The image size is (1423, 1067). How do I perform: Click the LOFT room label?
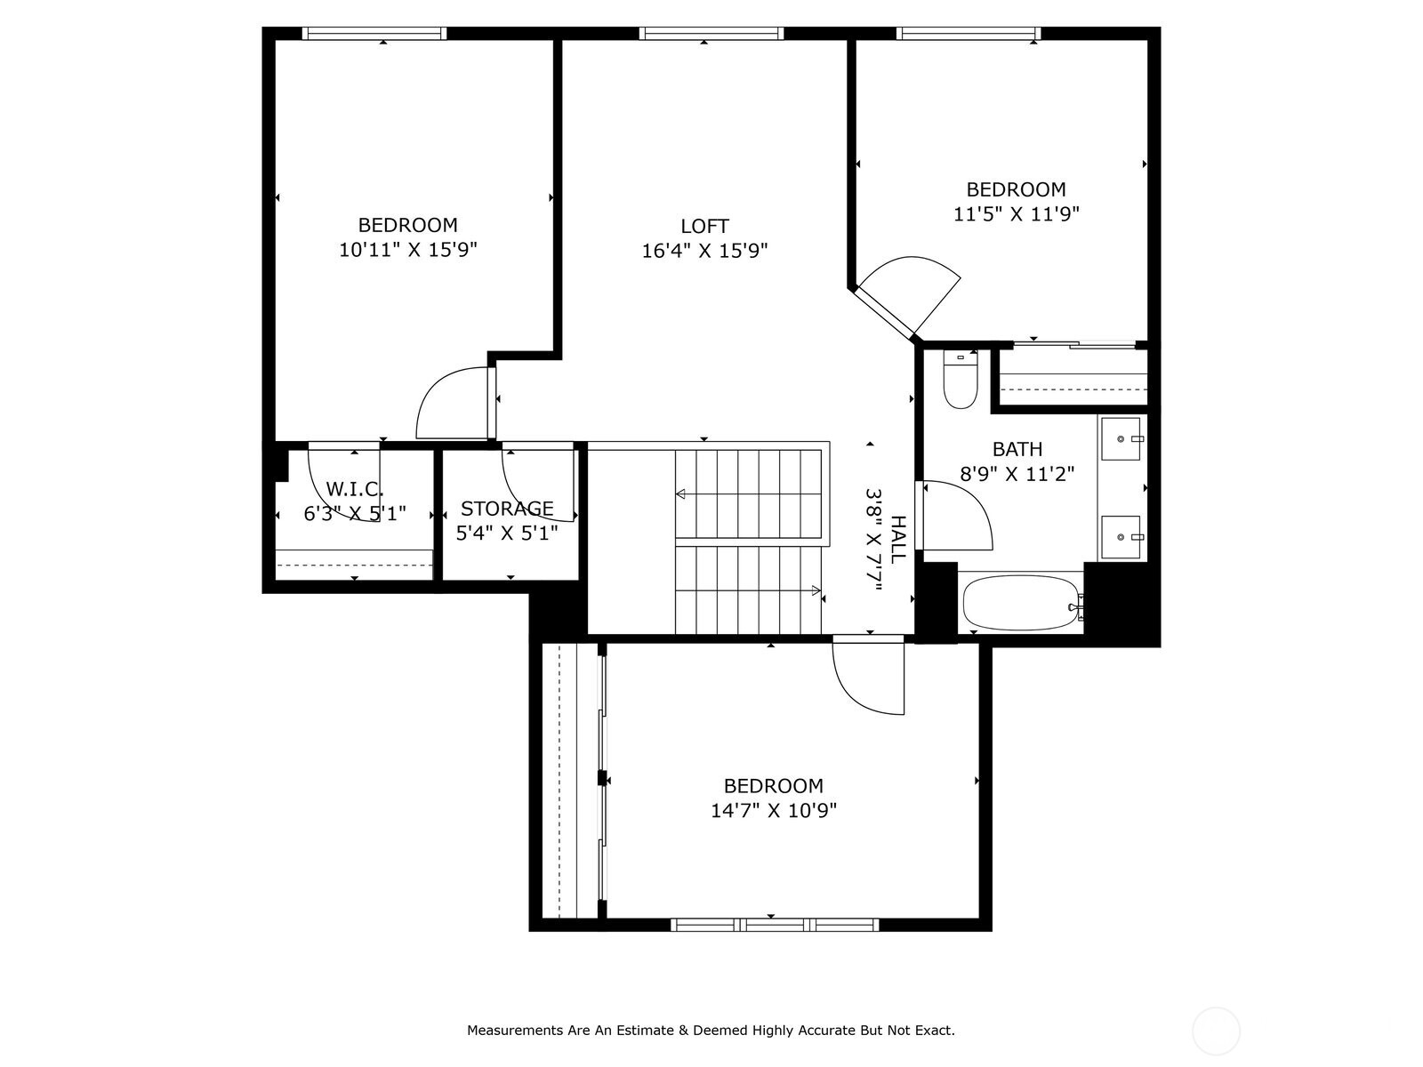(704, 226)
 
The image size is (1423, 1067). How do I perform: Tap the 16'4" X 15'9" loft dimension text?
(704, 251)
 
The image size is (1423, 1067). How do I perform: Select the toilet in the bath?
(961, 382)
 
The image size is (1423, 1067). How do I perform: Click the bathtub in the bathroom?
(1020, 603)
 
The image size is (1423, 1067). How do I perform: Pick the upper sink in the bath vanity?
(1122, 437)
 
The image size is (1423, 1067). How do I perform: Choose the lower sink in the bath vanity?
(1122, 537)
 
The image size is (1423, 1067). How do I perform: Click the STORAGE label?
(507, 509)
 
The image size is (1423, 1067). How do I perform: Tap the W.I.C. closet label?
(354, 489)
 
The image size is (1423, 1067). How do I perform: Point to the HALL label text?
(897, 538)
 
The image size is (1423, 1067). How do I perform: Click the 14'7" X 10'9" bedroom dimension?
(773, 811)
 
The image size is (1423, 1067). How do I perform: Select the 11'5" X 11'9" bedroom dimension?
(1016, 214)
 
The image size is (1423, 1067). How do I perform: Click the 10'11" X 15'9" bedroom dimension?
(407, 250)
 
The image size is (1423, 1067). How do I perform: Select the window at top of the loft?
(711, 34)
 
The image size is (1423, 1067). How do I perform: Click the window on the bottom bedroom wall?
(775, 925)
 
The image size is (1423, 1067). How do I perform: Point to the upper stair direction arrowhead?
(680, 493)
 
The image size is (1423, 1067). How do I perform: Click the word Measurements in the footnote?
(515, 1031)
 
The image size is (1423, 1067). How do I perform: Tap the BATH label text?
(1017, 449)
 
